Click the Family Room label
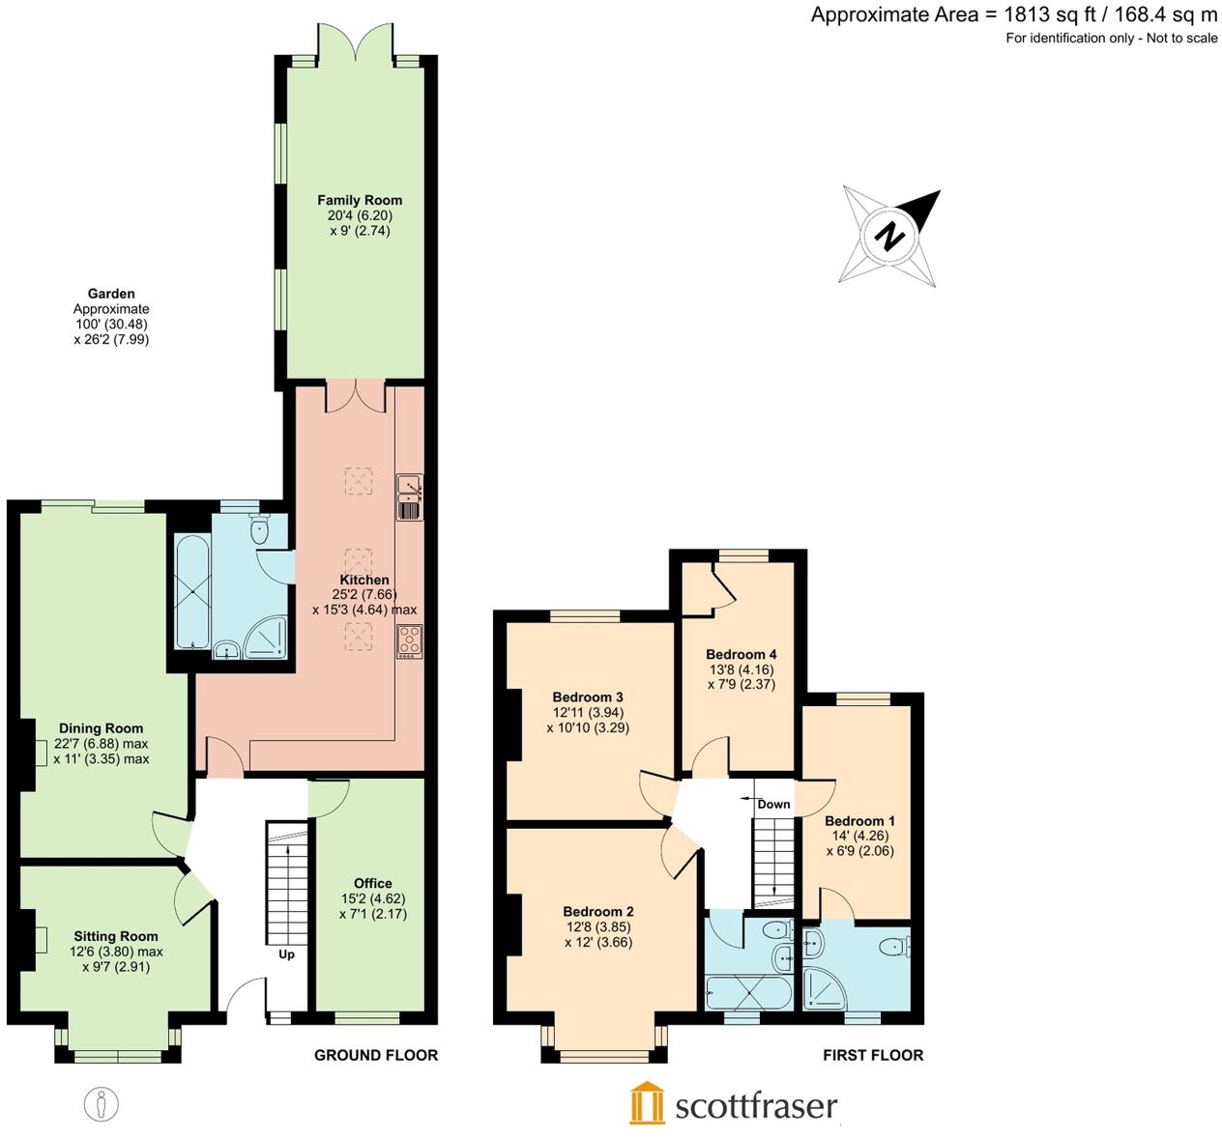tap(360, 200)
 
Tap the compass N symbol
tap(890, 235)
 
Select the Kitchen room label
tap(364, 580)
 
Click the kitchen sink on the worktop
tap(409, 497)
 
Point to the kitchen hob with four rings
tap(409, 641)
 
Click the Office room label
tap(372, 883)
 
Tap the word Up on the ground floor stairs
tap(286, 954)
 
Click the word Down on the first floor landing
tap(773, 804)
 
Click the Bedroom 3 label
tap(587, 697)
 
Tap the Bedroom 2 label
tap(598, 911)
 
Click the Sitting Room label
tap(116, 936)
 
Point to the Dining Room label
tap(101, 728)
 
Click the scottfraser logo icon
tap(648, 1103)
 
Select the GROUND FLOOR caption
tap(376, 1055)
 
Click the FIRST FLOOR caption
tap(873, 1055)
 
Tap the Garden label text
tap(111, 294)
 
